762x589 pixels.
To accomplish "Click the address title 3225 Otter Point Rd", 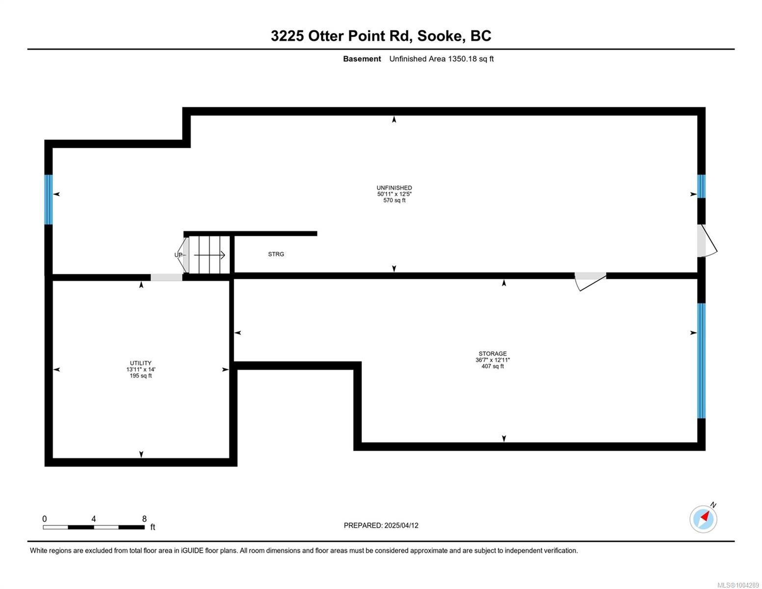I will (x=381, y=36).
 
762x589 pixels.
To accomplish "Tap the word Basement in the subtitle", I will (x=362, y=59).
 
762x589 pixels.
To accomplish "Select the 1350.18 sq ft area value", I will (x=470, y=59).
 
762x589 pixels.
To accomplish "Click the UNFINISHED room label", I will (x=394, y=187).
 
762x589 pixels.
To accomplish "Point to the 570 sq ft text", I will (x=394, y=200).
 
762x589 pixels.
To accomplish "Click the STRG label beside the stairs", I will (x=276, y=254).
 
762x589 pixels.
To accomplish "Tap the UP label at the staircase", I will (x=179, y=255).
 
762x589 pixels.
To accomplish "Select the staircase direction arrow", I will (x=210, y=255).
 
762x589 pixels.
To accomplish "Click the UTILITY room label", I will (x=141, y=363).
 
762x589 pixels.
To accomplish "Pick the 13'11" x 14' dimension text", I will (x=141, y=370).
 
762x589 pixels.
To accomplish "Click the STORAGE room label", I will (x=493, y=353).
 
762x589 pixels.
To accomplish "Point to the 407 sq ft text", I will (x=493, y=366).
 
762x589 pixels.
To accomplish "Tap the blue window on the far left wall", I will (x=48, y=199).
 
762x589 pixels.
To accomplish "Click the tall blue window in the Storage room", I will (x=702, y=361).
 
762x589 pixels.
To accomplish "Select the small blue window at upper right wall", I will (x=702, y=187).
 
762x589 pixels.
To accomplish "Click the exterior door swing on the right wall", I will (x=707, y=241).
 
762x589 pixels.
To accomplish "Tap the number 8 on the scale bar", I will (x=144, y=519).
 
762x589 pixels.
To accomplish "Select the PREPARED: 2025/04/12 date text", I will (x=381, y=525).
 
